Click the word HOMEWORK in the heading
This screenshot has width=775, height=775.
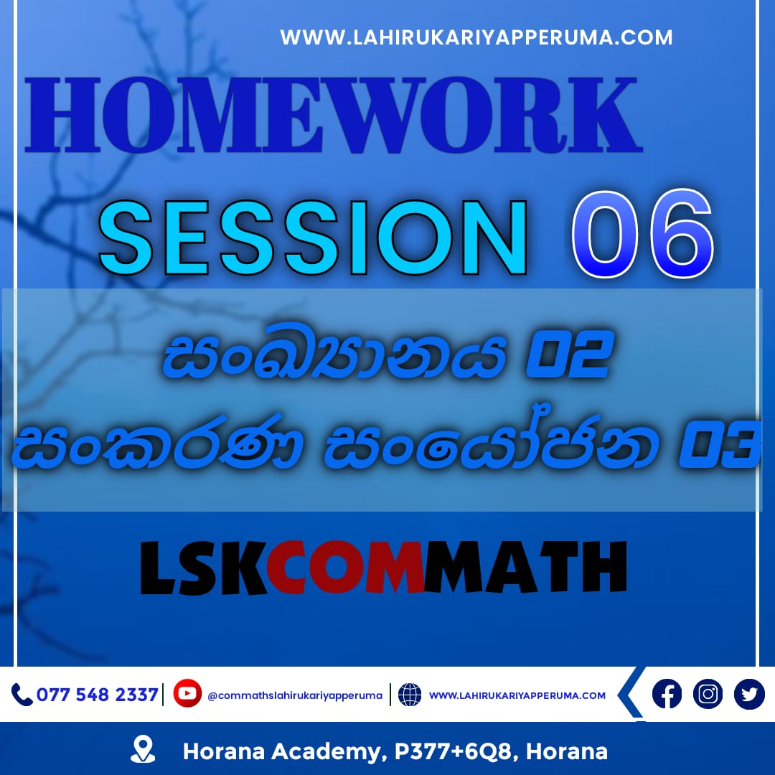[x=334, y=115]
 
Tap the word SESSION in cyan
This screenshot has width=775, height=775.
[x=313, y=238]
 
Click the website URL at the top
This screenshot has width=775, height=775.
[x=476, y=37]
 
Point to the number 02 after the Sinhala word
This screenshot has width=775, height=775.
[x=569, y=354]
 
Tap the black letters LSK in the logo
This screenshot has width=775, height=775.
[x=205, y=567]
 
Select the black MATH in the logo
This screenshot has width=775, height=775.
[x=525, y=567]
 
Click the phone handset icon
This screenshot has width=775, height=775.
[x=22, y=695]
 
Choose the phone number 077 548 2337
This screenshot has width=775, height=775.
[x=98, y=695]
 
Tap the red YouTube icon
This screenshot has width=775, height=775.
[x=187, y=693]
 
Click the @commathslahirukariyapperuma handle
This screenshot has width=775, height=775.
[x=295, y=695]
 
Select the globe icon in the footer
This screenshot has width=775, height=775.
[x=410, y=695]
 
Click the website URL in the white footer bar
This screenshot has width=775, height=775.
[x=517, y=695]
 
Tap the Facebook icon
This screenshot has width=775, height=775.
[x=667, y=694]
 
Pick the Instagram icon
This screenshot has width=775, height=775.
[x=708, y=694]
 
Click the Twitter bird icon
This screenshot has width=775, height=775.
[x=749, y=694]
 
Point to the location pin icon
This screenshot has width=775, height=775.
[x=143, y=748]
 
